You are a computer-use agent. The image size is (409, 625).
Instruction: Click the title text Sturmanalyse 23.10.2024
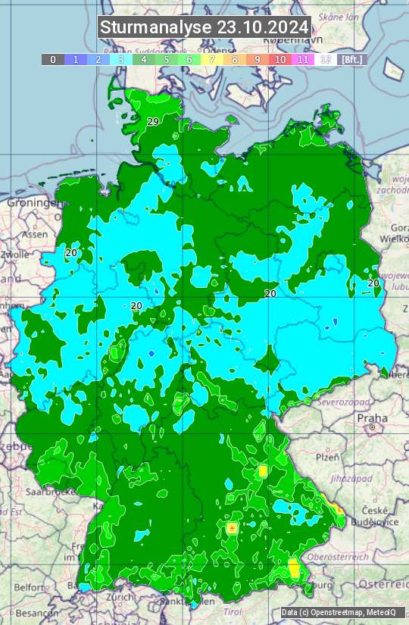point(204,27)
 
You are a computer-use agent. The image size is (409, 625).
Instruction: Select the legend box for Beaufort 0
point(52,59)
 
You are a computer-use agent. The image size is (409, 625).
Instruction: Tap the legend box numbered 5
point(167,59)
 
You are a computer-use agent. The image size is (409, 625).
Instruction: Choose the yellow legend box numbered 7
point(212,59)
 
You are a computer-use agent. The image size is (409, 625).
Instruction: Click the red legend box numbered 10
point(280,59)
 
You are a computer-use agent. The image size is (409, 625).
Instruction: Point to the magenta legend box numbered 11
point(303,59)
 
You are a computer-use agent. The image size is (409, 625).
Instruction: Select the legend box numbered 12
point(326,59)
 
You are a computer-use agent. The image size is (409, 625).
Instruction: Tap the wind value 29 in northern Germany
point(153,122)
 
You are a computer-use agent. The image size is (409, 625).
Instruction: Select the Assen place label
point(34,235)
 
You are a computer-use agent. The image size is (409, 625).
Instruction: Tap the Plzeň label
point(327,458)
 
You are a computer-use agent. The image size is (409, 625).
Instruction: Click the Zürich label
point(120,596)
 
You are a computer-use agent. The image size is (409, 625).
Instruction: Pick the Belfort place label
point(30,587)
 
